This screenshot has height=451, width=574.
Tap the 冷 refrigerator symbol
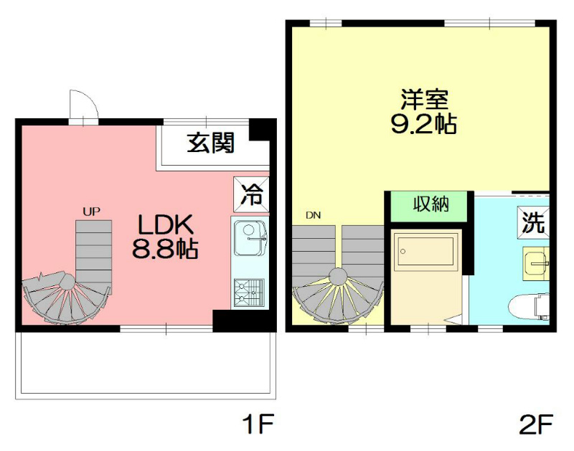pos(251,193)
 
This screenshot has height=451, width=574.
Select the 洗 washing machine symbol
pos(532,223)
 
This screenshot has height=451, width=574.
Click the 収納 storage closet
pos(430,204)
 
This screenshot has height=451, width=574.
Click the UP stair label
pos(91,211)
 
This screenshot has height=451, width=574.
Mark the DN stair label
pos(313,214)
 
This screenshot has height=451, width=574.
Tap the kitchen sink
pos(250,239)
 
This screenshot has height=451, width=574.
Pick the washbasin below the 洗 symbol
pos(535,261)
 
